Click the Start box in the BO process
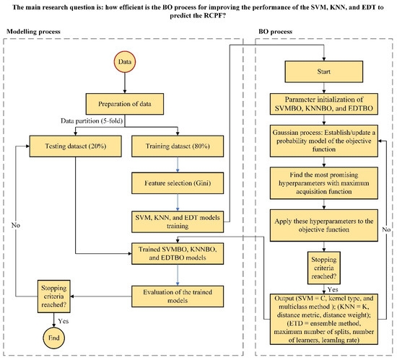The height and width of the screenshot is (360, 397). pos(322,72)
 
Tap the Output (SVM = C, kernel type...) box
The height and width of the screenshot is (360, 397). pos(322,311)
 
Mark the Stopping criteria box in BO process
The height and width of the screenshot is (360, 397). pos(322,262)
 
